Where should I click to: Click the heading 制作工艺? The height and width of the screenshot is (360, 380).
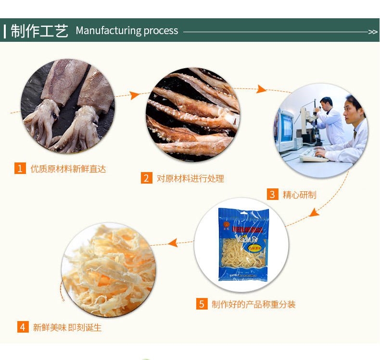[39, 31]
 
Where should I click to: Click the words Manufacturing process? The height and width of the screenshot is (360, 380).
[127, 31]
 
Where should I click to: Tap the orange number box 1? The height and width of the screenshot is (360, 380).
[20, 168]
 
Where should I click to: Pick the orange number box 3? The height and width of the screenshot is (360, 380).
[273, 194]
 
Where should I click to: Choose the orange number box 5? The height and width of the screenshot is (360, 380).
[202, 304]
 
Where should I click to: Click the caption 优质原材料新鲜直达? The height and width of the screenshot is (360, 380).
[68, 169]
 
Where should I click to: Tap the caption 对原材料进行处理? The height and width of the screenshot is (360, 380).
[190, 178]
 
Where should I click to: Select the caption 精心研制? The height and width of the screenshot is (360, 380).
[299, 195]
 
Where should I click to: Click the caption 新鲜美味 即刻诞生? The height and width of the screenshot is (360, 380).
[67, 327]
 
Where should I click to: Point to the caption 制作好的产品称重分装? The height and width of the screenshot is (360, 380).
[253, 304]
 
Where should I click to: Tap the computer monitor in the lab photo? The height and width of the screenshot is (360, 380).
[286, 126]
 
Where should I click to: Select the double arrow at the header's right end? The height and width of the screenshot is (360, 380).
[373, 32]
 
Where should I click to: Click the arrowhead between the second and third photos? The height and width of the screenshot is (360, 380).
[261, 89]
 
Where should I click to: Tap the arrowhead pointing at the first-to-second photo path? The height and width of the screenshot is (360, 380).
[135, 95]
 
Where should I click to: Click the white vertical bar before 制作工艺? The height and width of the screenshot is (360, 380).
[5, 31]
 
